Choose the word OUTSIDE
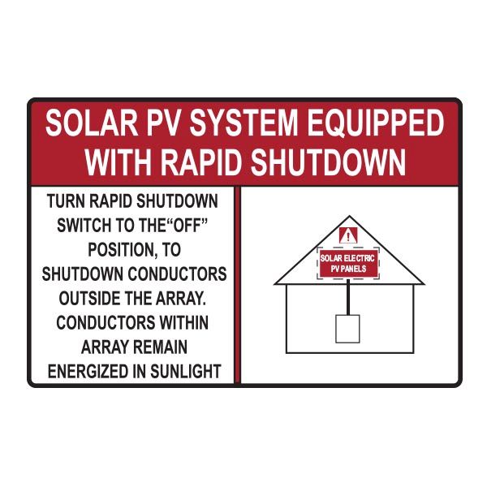(x=79, y=297)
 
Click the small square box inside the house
(x=347, y=329)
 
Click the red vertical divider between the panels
(x=238, y=285)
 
